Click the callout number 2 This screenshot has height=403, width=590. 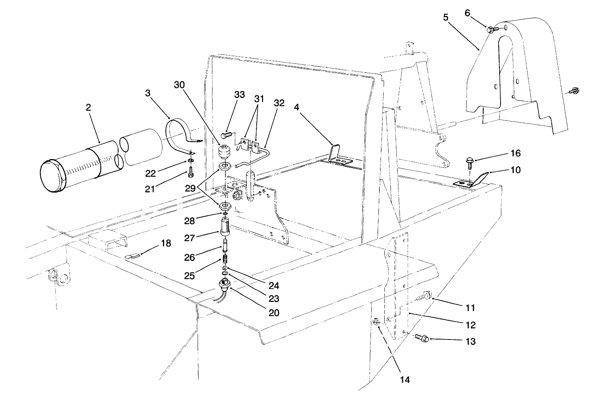[x=88, y=107]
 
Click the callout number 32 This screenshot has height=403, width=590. [x=279, y=103]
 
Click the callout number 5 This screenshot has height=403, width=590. [x=446, y=17]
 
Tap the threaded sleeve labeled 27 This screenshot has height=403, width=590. [x=225, y=226]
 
